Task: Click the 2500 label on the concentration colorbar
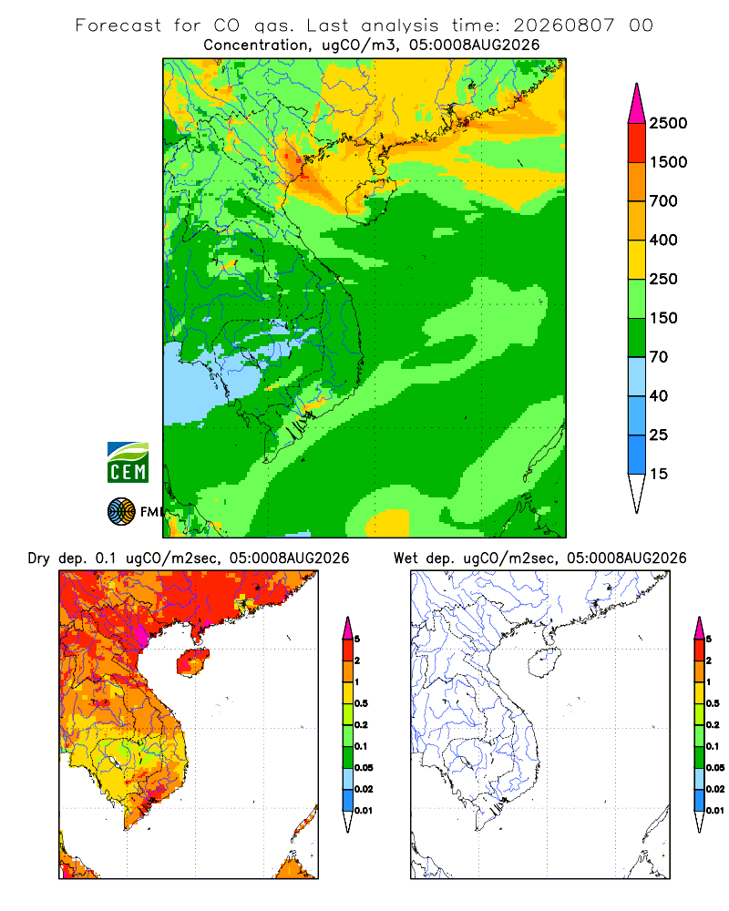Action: (668, 123)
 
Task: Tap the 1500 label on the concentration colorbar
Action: (668, 162)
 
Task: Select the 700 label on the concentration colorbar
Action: (663, 201)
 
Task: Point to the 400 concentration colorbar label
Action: (663, 240)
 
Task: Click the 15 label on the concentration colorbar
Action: (659, 474)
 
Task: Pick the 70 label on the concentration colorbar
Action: (659, 357)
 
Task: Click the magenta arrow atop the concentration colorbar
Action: (637, 103)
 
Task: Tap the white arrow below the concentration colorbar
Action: (637, 493)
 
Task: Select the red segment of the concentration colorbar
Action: (637, 143)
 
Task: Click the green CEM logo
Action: (128, 463)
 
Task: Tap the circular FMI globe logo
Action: (121, 512)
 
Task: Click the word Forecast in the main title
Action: (118, 26)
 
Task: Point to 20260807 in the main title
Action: (563, 26)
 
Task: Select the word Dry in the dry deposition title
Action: (39, 558)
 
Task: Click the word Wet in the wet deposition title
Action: (406, 558)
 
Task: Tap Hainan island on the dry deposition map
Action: (193, 661)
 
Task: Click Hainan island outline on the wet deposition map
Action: (545, 663)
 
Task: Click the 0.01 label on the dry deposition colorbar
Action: (364, 811)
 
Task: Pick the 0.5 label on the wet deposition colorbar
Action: (713, 703)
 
